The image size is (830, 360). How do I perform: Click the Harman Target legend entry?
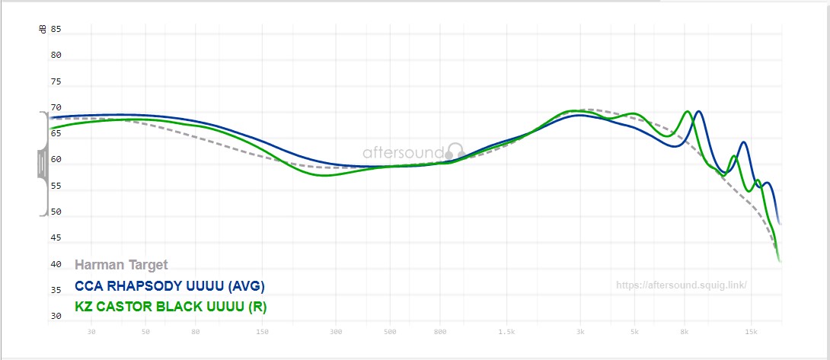121,265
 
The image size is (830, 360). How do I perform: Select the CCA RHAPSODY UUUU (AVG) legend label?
170,286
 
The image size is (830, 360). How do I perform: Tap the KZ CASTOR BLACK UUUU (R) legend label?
171,307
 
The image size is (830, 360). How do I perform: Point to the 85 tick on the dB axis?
56,30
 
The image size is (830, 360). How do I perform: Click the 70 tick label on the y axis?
56,108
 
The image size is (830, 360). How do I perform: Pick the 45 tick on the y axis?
56,238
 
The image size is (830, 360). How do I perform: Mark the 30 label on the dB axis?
56,316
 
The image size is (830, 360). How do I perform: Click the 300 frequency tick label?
336,332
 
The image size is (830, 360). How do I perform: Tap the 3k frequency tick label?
580,332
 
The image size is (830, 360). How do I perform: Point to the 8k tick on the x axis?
685,332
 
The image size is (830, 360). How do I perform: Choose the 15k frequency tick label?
752,332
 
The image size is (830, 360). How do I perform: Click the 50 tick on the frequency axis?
145,332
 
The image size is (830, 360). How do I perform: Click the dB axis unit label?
43,30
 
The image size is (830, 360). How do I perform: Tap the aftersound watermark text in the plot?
403,152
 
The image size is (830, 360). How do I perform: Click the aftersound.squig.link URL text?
681,285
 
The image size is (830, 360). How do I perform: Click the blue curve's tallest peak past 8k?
698,111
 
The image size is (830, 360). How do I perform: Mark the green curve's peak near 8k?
687,111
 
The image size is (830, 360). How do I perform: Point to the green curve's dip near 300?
326,176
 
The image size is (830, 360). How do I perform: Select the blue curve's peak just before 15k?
743,142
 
